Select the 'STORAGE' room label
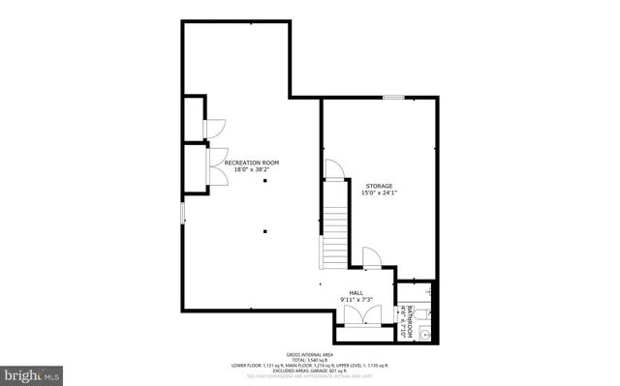click(380, 185)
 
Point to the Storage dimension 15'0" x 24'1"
click(380, 193)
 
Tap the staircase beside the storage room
click(334, 236)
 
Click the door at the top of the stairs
click(333, 170)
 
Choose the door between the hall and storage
click(371, 256)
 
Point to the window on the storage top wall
click(393, 97)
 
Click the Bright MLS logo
click(32, 372)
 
